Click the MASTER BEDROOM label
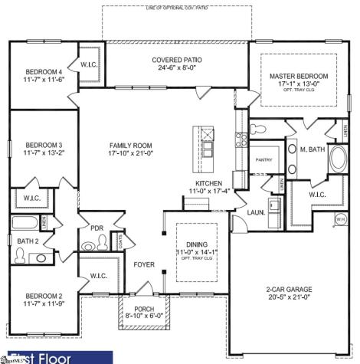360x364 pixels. click(x=298, y=77)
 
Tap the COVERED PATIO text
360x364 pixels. click(x=177, y=59)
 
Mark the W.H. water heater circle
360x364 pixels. click(x=341, y=220)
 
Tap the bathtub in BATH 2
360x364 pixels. click(x=25, y=225)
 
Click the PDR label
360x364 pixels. click(x=97, y=228)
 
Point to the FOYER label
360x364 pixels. click(x=144, y=265)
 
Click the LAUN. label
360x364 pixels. click(x=255, y=212)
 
